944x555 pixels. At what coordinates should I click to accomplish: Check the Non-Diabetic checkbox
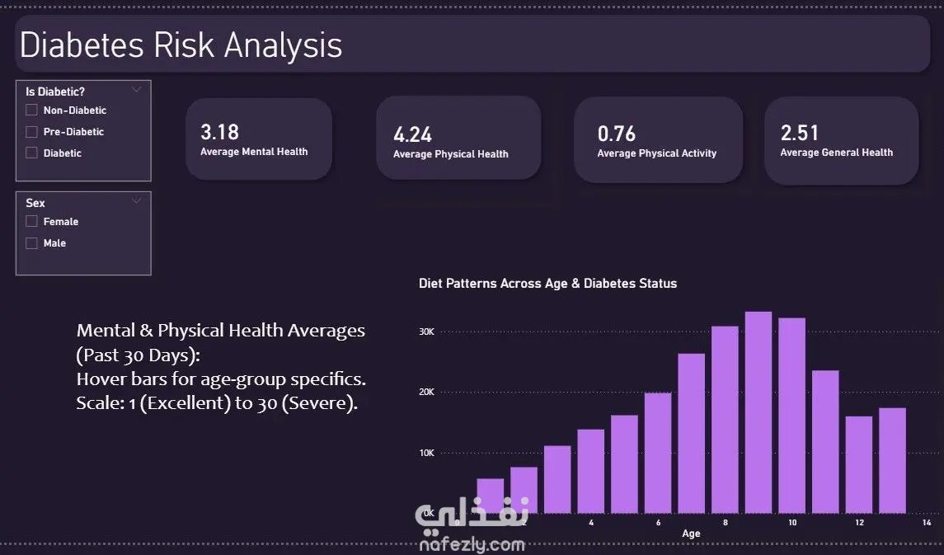tap(32, 110)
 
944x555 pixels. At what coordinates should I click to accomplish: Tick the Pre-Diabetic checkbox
tap(32, 131)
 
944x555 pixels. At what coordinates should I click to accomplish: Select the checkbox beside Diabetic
tap(32, 153)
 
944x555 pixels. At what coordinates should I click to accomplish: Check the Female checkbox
tap(32, 221)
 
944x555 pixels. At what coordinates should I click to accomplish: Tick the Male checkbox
tap(32, 242)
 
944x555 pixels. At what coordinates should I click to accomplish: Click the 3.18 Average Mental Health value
tap(220, 132)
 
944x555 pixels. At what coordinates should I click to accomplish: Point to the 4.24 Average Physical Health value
tap(413, 134)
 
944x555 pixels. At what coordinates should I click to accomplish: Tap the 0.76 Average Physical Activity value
tap(617, 134)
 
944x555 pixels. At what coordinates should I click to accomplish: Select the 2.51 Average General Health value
tap(800, 133)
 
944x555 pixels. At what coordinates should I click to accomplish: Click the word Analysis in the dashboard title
tap(280, 45)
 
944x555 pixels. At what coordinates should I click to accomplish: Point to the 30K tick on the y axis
tap(426, 332)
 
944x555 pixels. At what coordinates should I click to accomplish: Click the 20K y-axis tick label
tap(426, 393)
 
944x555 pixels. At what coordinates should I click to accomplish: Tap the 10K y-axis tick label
tap(426, 453)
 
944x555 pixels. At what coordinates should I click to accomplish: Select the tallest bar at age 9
tap(758, 412)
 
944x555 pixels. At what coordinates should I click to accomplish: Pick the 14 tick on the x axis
tap(927, 523)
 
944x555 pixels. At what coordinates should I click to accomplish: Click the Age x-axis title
tap(691, 534)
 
